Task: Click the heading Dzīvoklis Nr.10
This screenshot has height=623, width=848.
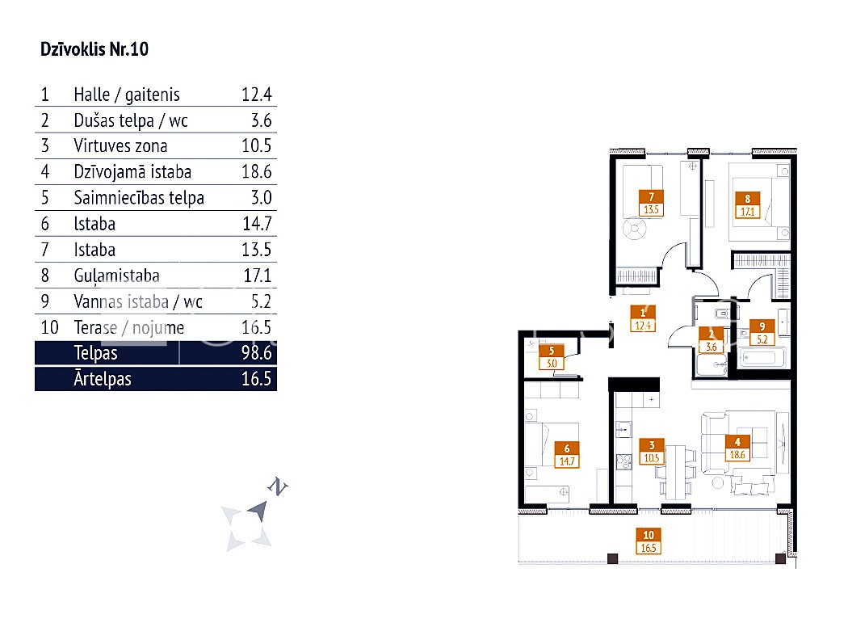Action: pos(94,49)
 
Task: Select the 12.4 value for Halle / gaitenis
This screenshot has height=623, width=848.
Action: pos(256,95)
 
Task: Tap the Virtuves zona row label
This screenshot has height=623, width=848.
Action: pos(120,145)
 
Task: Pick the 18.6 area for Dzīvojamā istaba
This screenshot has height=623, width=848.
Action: pos(256,171)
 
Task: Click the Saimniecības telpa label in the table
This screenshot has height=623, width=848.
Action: pos(139,198)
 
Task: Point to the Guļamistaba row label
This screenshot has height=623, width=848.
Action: pos(117,276)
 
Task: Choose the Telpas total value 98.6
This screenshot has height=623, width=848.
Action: pos(256,353)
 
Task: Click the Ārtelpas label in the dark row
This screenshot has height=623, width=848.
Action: pos(103,378)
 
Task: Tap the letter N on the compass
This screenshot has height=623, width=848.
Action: pos(278,486)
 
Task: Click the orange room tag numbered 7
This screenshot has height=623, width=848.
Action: pos(651,203)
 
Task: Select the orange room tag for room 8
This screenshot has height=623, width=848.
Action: pos(747,205)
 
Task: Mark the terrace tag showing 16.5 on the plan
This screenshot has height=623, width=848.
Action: pos(649,541)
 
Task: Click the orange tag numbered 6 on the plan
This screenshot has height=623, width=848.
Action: pos(567,455)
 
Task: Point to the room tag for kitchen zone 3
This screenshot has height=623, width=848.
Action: pos(652,452)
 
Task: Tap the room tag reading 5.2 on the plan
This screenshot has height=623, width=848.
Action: pos(762,333)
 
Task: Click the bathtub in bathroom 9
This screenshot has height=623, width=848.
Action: pos(762,359)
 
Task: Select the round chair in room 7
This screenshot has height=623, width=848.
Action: pos(634,229)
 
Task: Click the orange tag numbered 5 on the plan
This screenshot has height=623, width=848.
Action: pos(552,357)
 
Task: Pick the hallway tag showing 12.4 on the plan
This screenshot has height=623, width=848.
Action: pos(643,319)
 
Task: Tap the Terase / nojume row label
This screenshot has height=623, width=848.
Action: pos(129,328)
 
